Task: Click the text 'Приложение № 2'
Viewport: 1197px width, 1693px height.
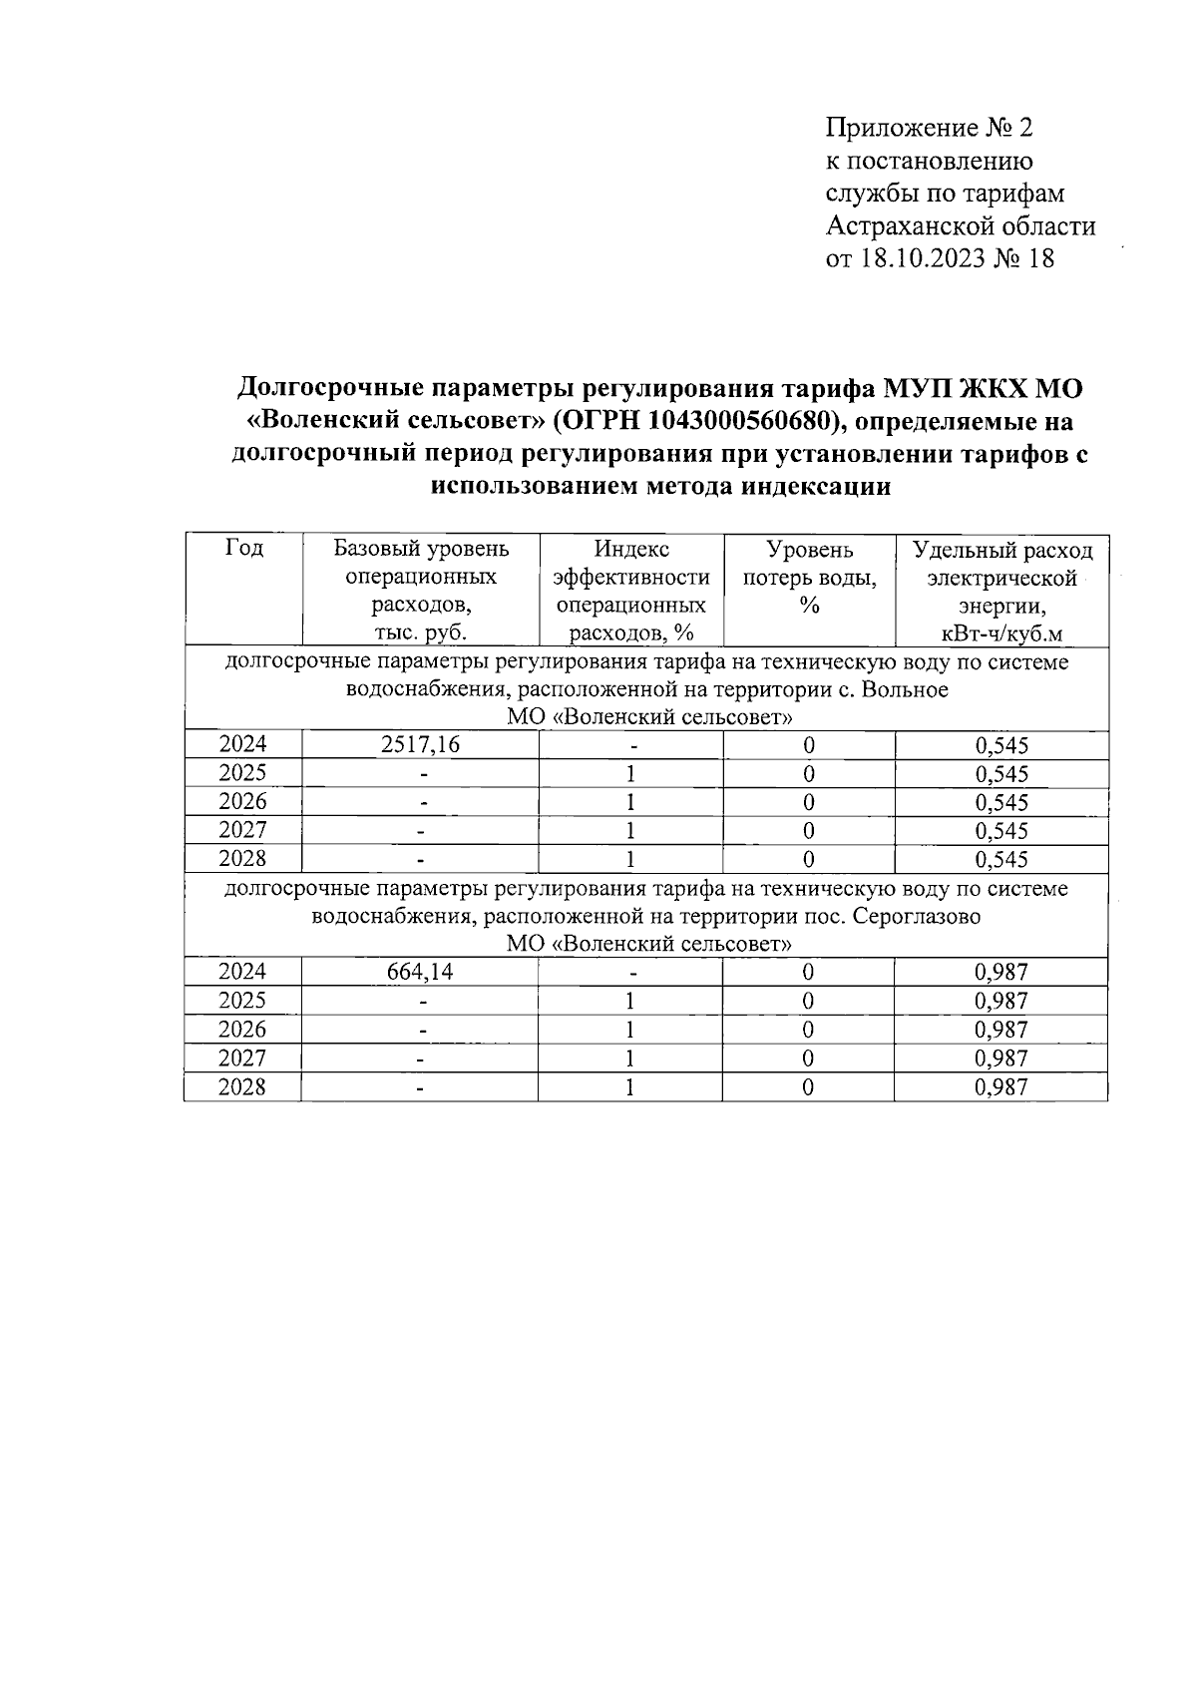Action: [x=930, y=128]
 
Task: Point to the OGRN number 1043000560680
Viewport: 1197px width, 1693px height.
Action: [x=734, y=420]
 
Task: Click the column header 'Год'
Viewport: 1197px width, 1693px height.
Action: [x=243, y=549]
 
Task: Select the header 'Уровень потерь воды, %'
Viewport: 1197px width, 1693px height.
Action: [x=809, y=578]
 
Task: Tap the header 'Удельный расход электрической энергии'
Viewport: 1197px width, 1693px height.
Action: [x=1001, y=592]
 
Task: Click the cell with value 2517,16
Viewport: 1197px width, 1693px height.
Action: [x=420, y=745]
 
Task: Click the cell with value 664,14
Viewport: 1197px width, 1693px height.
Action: [x=420, y=973]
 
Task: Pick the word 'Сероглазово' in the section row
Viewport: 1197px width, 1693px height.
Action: [x=916, y=916]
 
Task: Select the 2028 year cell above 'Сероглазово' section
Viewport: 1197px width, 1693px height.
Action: [x=242, y=859]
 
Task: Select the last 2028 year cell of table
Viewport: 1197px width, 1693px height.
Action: [x=242, y=1086]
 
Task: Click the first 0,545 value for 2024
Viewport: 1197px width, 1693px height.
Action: [x=1001, y=746]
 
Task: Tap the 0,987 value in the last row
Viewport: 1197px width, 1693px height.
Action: [x=1001, y=1087]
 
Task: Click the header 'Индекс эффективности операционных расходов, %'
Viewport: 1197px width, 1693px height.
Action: [x=630, y=592]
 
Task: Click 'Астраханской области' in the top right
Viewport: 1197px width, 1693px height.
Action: [x=961, y=226]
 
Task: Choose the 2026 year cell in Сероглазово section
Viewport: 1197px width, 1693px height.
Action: [x=242, y=1030]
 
